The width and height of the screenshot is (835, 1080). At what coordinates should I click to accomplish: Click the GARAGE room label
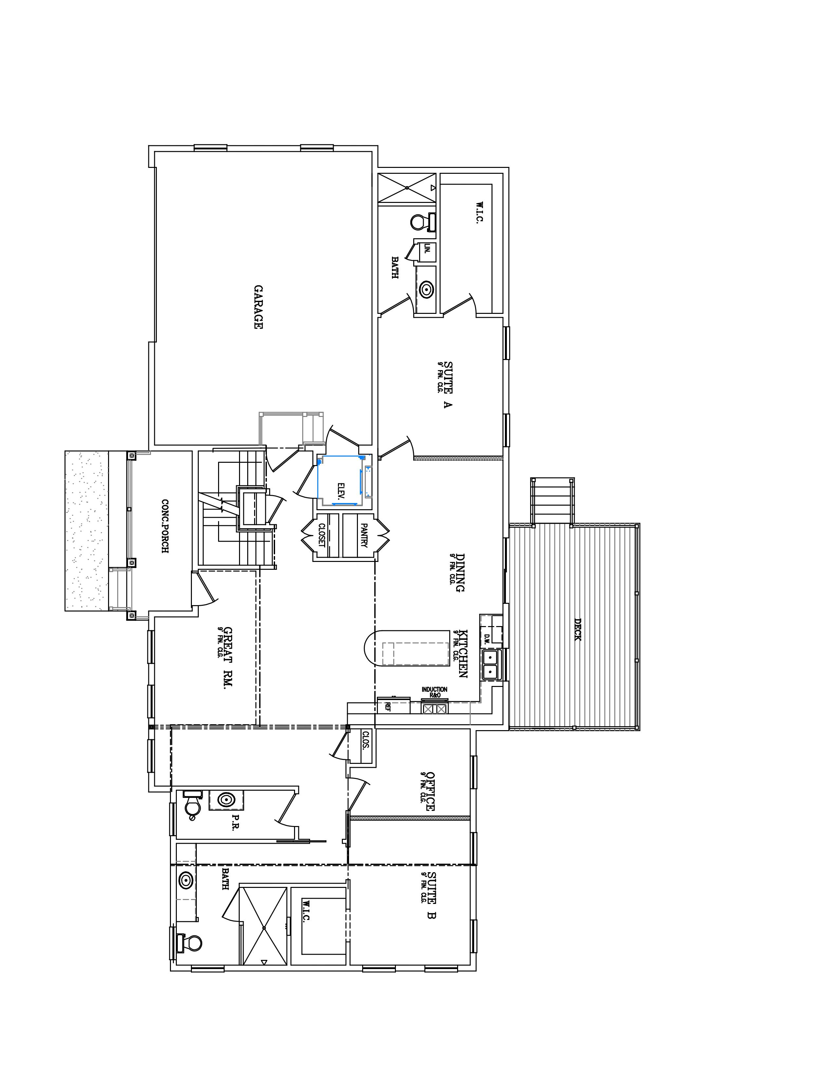pyautogui.click(x=258, y=307)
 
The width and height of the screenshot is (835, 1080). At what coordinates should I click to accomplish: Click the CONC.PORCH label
pyautogui.click(x=165, y=526)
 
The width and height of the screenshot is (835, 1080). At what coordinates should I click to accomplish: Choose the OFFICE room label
pyautogui.click(x=430, y=791)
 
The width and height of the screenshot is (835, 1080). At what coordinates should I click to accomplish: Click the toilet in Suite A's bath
pyautogui.click(x=422, y=222)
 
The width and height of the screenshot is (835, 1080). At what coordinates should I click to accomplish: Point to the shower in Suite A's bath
pyautogui.click(x=407, y=188)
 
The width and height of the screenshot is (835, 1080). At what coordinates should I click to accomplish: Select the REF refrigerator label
pyautogui.click(x=387, y=707)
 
